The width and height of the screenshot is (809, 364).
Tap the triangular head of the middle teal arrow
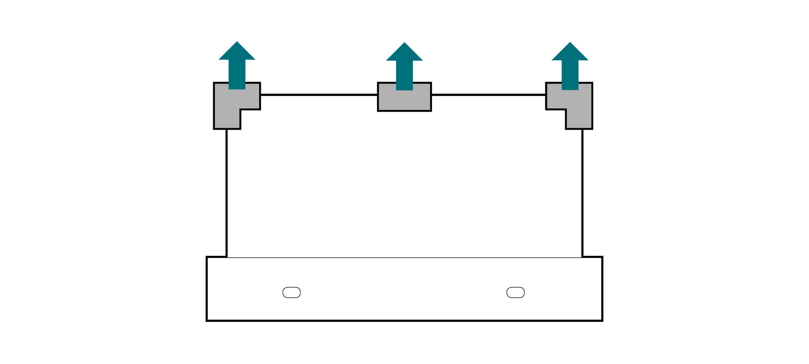click(x=404, y=53)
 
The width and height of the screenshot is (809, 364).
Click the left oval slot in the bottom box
click(x=292, y=292)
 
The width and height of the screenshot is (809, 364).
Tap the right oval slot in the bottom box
click(x=515, y=292)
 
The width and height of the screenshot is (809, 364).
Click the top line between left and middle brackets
click(x=319, y=95)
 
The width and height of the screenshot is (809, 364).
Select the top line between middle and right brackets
click(x=489, y=95)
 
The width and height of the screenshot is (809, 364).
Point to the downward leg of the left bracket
click(x=228, y=120)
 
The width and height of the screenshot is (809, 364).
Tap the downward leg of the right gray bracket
click(x=579, y=120)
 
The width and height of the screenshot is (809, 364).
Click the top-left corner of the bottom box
click(x=207, y=257)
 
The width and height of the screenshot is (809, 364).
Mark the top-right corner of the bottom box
click(x=602, y=257)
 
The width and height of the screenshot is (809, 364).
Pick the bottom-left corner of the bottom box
click(x=207, y=320)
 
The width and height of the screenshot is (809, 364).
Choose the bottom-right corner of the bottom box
click(x=602, y=320)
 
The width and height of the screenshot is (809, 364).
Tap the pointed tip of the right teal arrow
click(x=570, y=43)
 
